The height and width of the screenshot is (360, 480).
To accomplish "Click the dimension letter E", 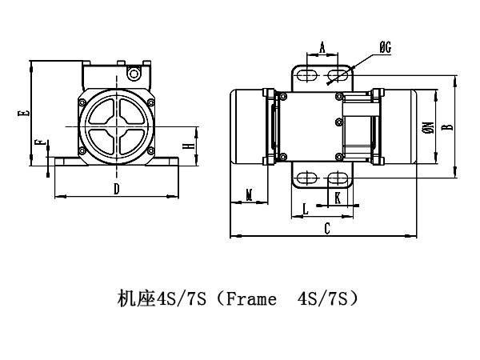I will click(x=26, y=114).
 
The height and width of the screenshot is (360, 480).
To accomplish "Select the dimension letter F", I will click(x=38, y=144).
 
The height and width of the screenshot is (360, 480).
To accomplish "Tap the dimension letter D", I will click(x=117, y=189).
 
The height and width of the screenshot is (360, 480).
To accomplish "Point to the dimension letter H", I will click(x=186, y=146).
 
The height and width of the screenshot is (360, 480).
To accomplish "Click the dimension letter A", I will click(x=322, y=48).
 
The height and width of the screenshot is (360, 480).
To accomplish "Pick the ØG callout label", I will click(x=384, y=48).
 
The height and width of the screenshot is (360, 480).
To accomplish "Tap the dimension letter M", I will click(x=249, y=194).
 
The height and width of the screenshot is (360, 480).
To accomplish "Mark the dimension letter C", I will click(x=326, y=228).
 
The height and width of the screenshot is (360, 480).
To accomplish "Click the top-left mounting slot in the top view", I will click(x=306, y=74).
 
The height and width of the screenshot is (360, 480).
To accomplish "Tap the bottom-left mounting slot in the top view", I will click(x=306, y=178).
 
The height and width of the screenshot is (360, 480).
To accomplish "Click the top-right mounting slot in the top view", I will click(x=339, y=74).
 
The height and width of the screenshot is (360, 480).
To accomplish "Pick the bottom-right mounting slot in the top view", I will click(x=339, y=178).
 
